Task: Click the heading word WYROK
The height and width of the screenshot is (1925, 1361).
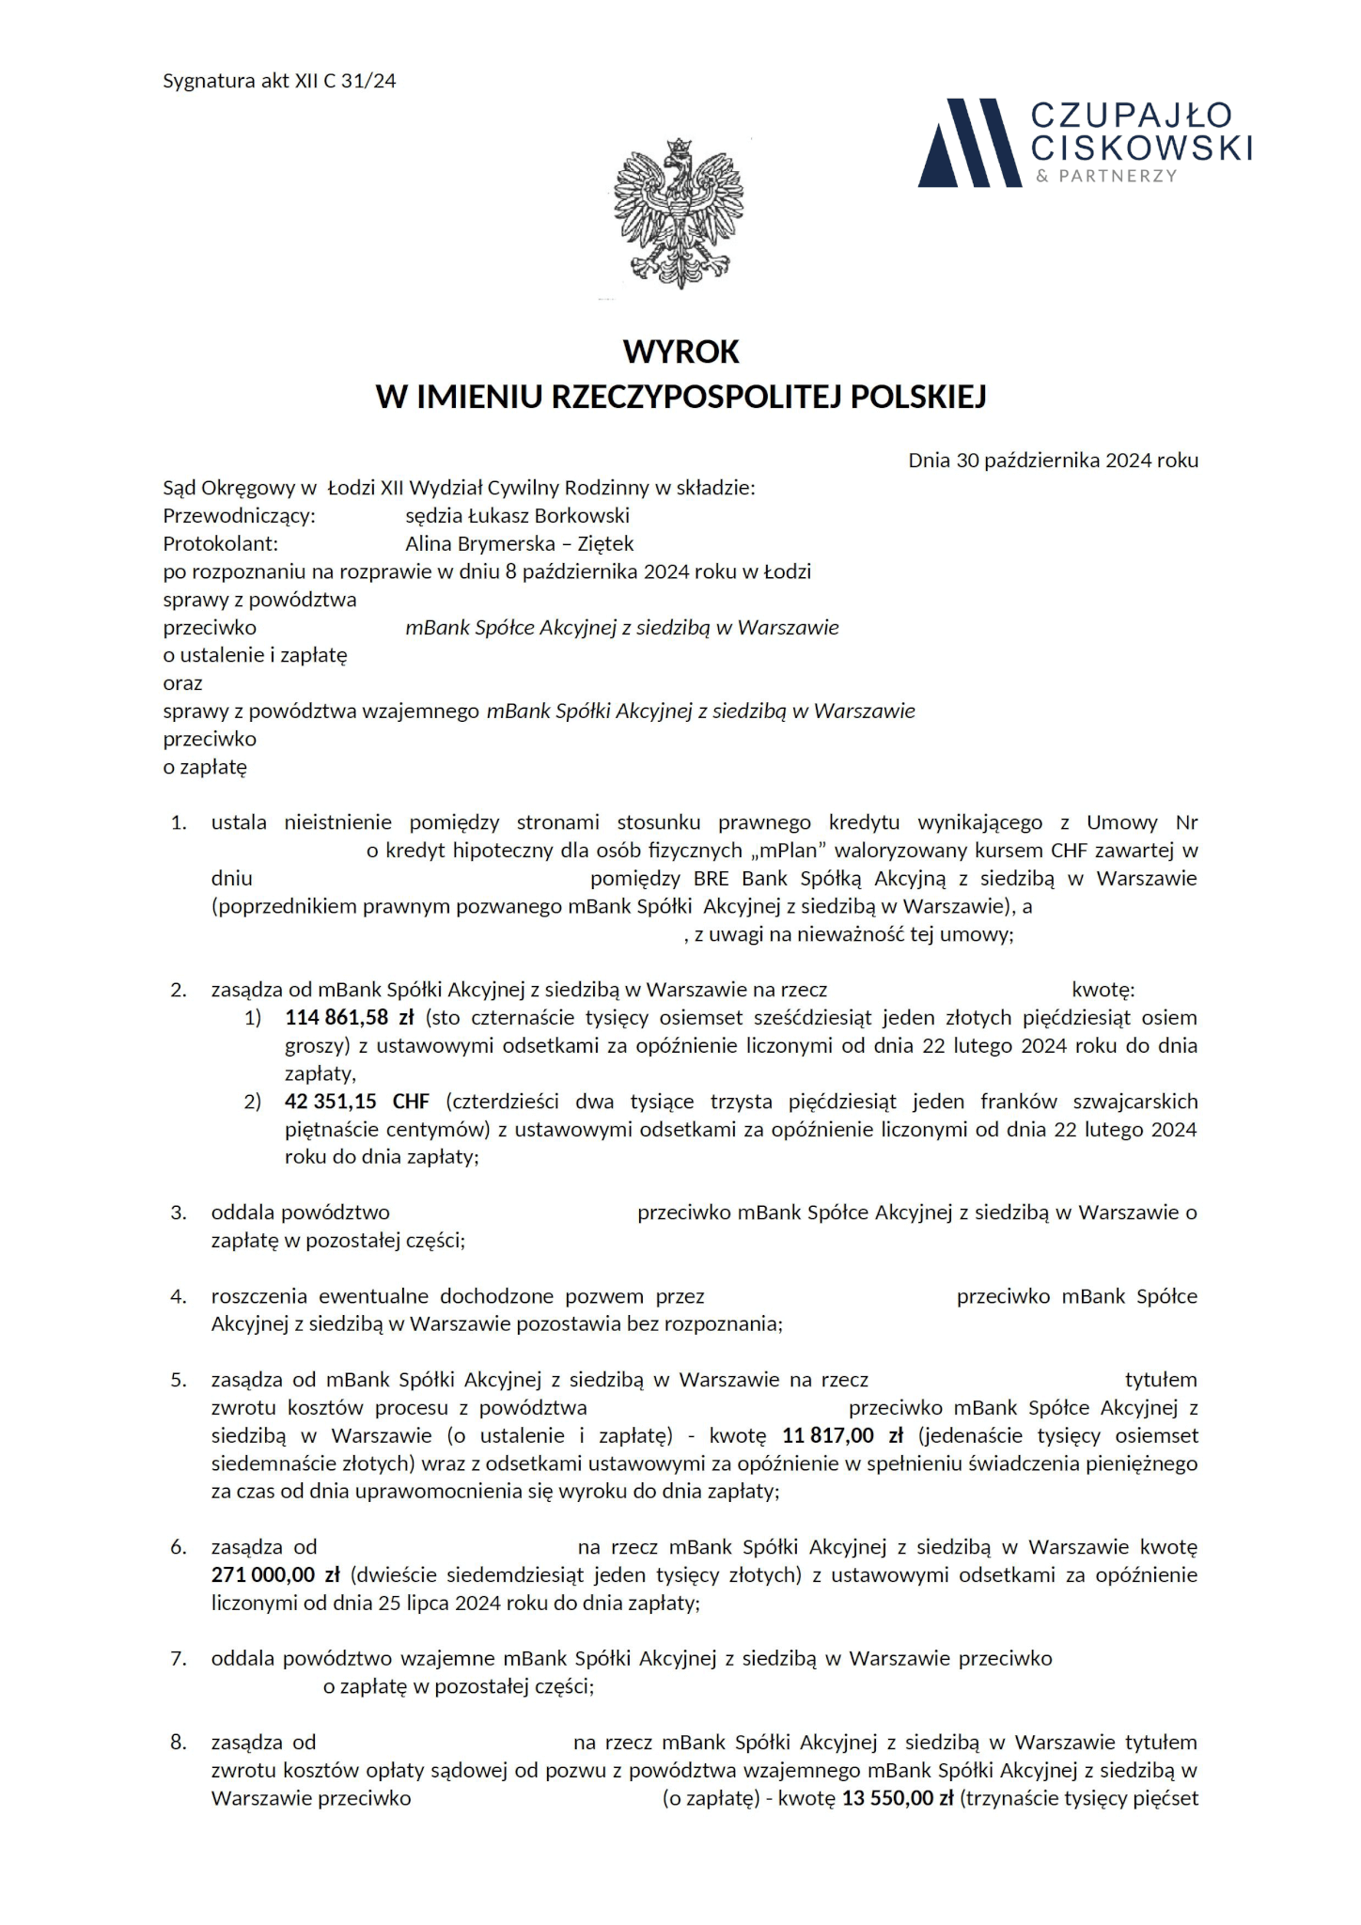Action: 680,352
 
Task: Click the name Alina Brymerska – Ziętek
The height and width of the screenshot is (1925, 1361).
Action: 519,544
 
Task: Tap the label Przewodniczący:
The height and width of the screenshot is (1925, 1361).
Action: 239,516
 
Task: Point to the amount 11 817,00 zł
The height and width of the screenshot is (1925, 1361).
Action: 842,1436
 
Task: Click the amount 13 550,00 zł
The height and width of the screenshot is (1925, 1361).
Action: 897,1799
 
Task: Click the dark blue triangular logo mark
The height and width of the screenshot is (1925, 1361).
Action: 969,143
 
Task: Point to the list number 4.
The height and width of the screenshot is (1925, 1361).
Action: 179,1297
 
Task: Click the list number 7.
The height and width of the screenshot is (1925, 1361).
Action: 179,1659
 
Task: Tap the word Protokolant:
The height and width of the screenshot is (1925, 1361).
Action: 221,544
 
